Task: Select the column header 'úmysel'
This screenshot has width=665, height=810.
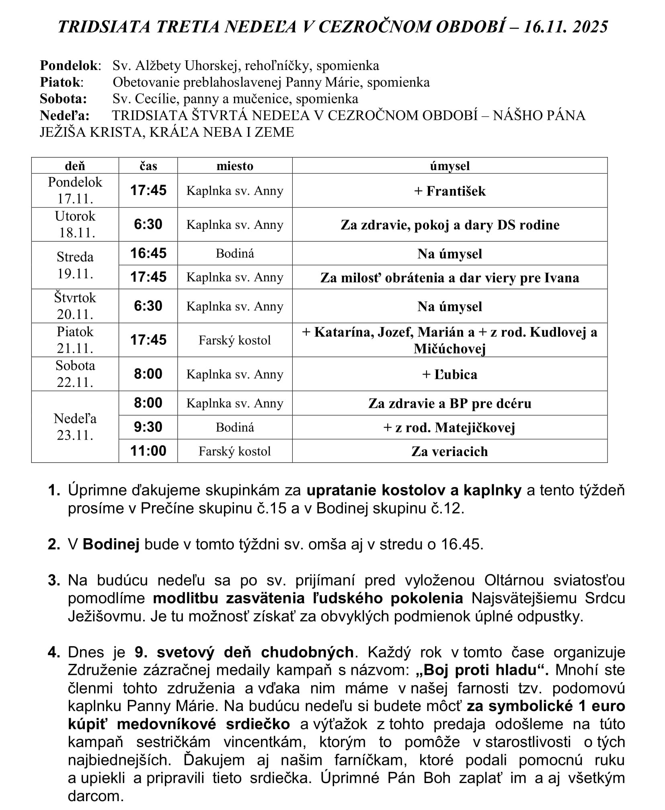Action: (x=449, y=166)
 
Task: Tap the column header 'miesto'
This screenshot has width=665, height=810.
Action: (x=235, y=166)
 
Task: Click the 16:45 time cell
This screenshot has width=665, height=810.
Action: (x=148, y=253)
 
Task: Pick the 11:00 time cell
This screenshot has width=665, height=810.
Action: (x=148, y=451)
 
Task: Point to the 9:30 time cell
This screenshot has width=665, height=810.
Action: (x=148, y=427)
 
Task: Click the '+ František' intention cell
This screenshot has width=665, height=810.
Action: (x=449, y=191)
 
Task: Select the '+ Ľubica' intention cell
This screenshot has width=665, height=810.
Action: (x=449, y=374)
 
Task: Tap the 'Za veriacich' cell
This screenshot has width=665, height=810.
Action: (x=449, y=451)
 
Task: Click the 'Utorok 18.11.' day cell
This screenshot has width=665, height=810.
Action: (x=75, y=224)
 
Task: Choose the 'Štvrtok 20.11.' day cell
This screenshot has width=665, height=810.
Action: (x=75, y=306)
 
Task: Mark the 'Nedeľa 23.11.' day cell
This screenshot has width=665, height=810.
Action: (x=75, y=427)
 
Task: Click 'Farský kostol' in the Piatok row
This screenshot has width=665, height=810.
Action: (x=235, y=340)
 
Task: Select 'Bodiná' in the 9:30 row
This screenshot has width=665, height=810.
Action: (x=235, y=427)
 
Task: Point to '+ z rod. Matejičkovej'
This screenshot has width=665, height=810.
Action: (x=449, y=428)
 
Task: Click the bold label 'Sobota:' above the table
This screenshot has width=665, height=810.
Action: (x=63, y=99)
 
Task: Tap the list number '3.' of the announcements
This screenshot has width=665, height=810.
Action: (x=54, y=580)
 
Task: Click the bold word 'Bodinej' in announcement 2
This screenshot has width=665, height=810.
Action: (x=111, y=544)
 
